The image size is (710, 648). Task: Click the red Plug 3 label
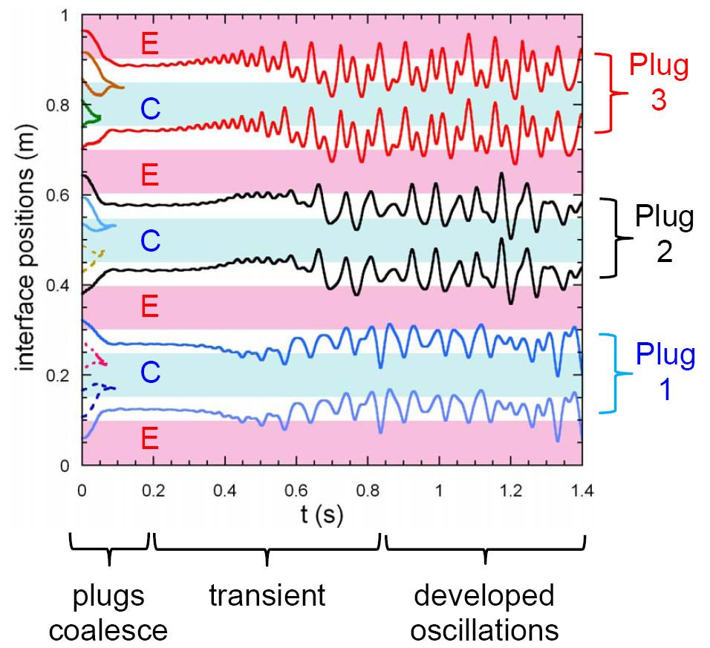[659, 82]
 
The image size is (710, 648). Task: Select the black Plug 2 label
[664, 235]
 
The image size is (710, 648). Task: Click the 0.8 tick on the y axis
[62, 105]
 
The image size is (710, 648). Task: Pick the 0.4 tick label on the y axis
[62, 286]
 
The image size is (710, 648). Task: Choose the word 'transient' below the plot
[267, 595]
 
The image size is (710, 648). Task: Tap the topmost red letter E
[150, 44]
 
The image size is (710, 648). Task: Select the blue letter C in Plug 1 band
[150, 374]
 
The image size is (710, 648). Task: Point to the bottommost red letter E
[150, 440]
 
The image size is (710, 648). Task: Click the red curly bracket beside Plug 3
[611, 92]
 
